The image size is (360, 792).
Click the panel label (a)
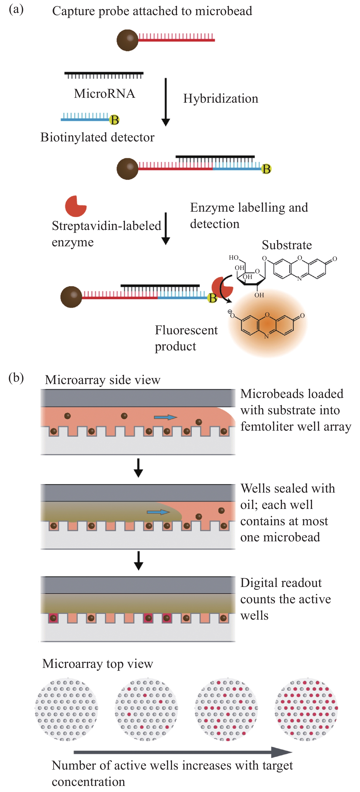click(16, 10)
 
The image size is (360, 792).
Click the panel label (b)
click(16, 377)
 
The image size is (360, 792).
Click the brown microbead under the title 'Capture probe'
click(127, 40)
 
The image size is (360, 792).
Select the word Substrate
click(287, 245)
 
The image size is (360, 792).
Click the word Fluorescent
click(186, 330)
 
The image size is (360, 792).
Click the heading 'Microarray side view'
click(102, 380)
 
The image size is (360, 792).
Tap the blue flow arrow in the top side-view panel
click(165, 417)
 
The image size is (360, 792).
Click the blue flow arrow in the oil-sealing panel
click(158, 512)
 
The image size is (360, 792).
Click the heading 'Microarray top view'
click(98, 663)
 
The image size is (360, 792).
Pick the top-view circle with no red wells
click(66, 709)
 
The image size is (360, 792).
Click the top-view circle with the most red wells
click(306, 709)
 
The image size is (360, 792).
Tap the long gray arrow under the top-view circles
click(183, 752)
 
